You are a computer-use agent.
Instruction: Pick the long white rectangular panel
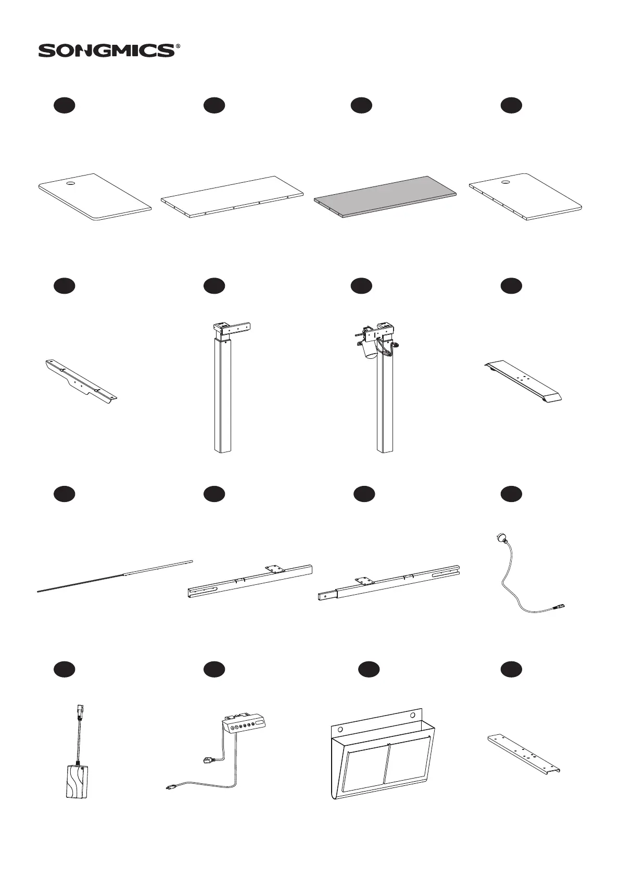pos(232,197)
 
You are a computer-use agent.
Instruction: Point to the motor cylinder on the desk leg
pos(371,350)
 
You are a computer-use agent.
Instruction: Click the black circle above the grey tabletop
pos(361,105)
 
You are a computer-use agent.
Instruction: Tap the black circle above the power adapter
pos(65,669)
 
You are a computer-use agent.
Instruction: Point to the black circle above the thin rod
pos(65,494)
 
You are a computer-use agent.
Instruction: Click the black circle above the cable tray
pos(369,669)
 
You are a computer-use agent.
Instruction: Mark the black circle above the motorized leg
pos(361,285)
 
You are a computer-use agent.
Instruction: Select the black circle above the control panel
pos(213,669)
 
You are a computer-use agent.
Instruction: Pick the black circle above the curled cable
pos(511,494)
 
